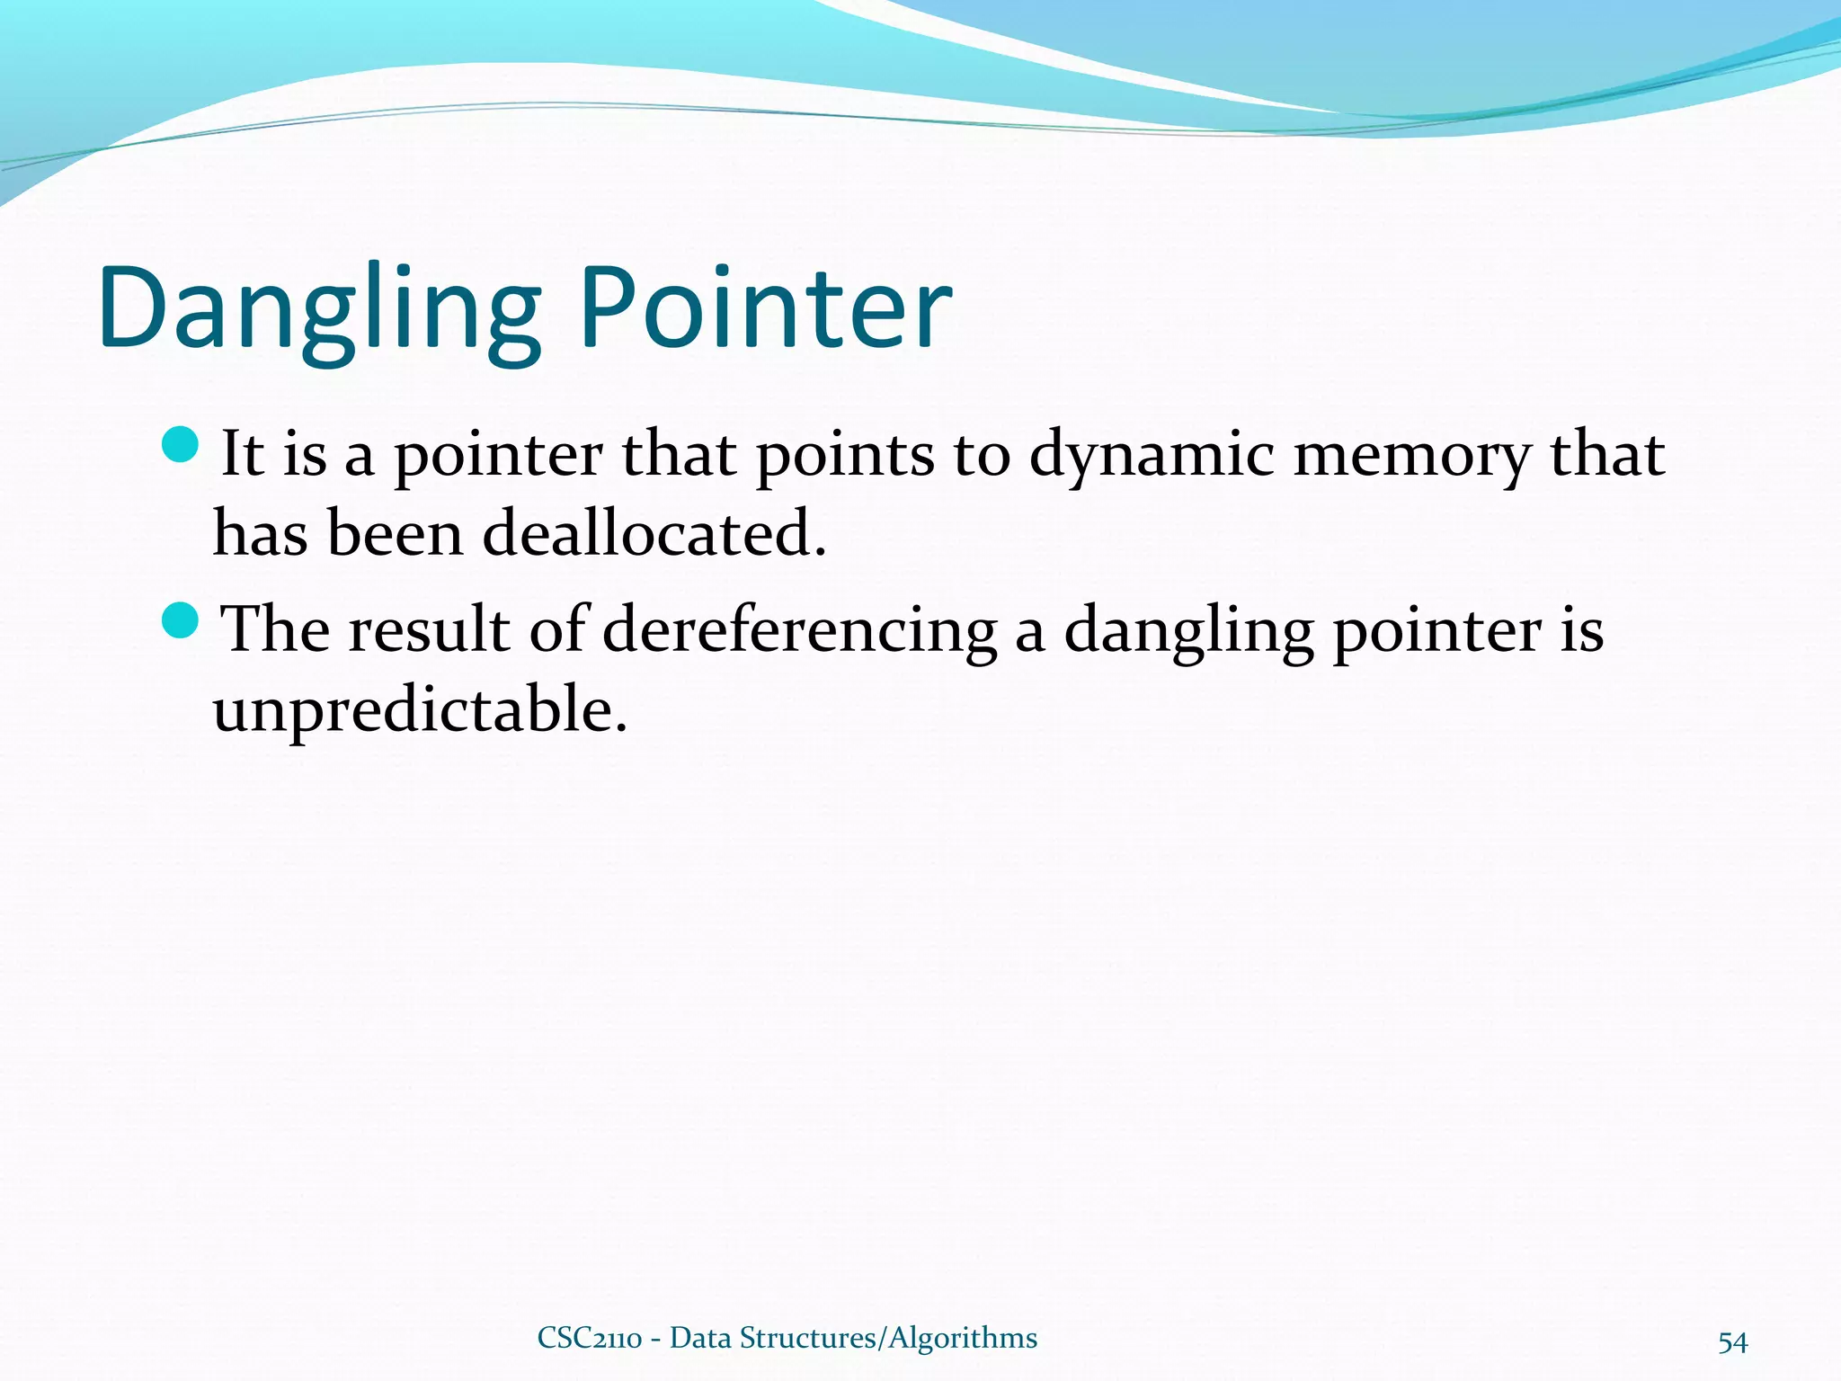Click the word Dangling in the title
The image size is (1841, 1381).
pos(320,310)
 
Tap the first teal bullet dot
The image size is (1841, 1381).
pos(181,446)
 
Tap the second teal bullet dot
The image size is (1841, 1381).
pos(181,621)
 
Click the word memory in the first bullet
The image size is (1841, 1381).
pos(1411,457)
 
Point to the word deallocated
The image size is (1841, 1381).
pos(654,534)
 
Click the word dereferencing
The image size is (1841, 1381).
pos(799,632)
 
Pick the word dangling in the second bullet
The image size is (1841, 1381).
pos(1188,632)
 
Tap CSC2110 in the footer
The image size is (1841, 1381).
pos(589,1338)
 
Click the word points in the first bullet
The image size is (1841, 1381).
pos(845,457)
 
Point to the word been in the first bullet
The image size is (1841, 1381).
pos(395,534)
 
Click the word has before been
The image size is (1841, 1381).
pos(260,534)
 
